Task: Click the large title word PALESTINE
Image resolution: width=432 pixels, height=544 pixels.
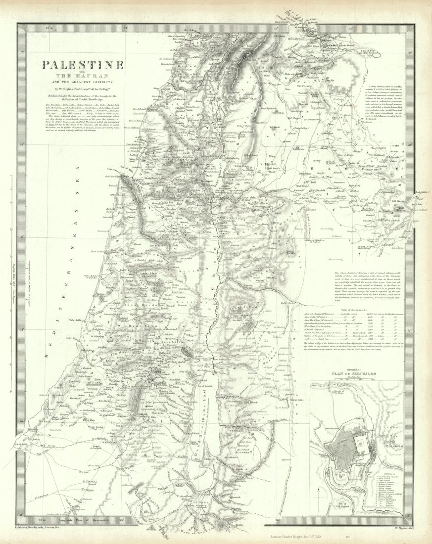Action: [x=83, y=65]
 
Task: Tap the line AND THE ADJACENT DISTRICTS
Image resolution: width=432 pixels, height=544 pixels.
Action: [x=83, y=81]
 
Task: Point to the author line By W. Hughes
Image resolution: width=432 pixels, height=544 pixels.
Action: [x=83, y=88]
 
